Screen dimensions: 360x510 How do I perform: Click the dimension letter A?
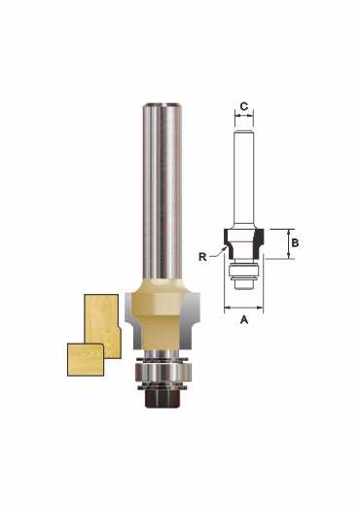tap(243, 320)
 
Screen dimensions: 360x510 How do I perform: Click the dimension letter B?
tap(295, 242)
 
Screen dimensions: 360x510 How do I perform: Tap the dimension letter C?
tap(244, 106)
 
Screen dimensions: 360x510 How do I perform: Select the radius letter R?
tap(202, 257)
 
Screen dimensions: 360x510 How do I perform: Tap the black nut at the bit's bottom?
tap(162, 398)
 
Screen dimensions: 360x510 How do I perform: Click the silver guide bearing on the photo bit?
tap(162, 373)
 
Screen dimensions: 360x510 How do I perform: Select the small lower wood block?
tap(86, 359)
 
